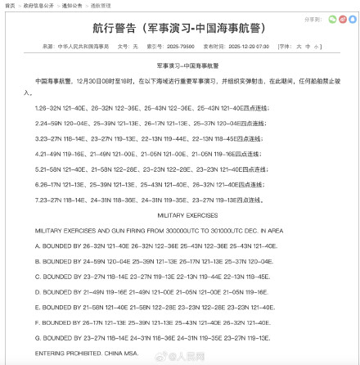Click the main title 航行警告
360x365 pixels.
point(178,28)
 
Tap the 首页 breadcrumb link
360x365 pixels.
point(10,5)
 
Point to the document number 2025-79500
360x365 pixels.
point(181,47)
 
